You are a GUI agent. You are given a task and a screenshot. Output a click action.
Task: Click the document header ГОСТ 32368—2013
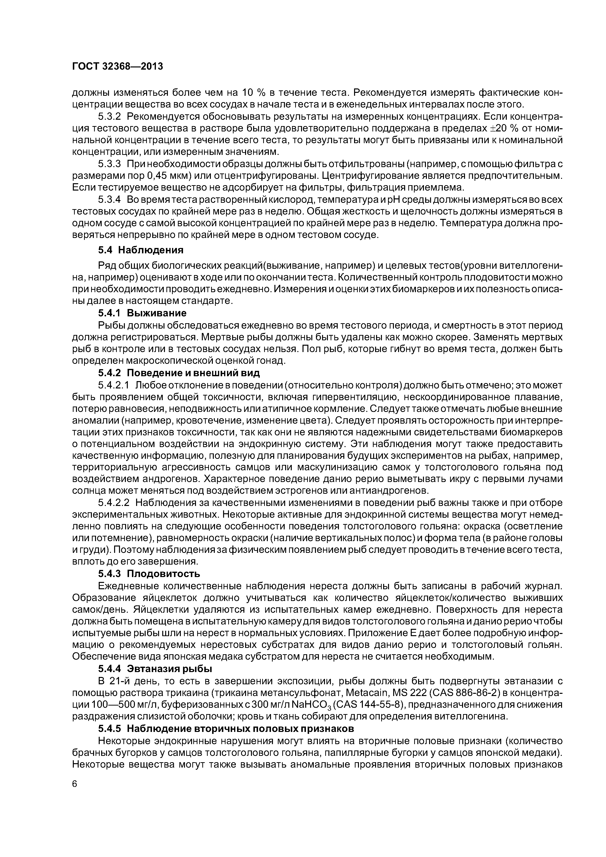pyautogui.click(x=117, y=66)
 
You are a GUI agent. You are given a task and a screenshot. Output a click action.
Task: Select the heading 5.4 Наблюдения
pyautogui.click(x=141, y=250)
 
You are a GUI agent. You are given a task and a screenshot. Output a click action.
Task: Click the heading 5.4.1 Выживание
pyautogui.click(x=142, y=312)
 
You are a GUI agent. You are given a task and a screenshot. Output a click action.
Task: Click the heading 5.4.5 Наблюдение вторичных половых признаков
pyautogui.click(x=226, y=728)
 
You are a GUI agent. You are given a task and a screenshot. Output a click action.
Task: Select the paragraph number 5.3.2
pyautogui.click(x=110, y=117)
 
